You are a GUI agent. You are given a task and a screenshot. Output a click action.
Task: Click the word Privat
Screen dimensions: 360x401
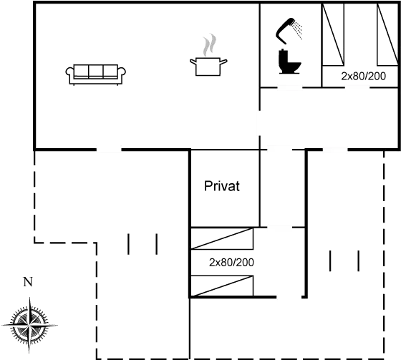[x=222, y=187]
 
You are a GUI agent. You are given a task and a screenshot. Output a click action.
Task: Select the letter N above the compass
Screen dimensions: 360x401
[x=27, y=282]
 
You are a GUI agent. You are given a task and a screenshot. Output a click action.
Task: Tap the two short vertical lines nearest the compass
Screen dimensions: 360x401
[x=142, y=243]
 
